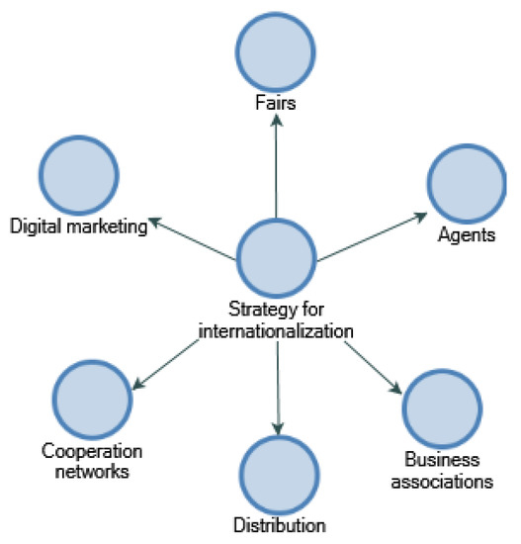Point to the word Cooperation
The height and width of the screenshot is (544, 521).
[92, 453]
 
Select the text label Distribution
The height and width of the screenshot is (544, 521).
[279, 525]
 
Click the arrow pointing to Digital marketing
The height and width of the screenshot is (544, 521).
[194, 240]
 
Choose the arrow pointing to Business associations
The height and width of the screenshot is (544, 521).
[373, 366]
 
